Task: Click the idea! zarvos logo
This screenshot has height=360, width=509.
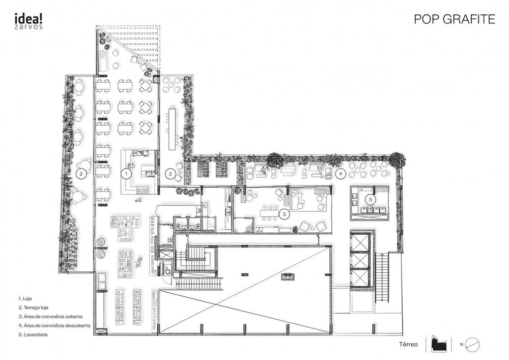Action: point(29,20)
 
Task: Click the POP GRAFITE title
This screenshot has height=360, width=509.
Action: point(454,19)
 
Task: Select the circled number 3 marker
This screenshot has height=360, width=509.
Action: point(285,214)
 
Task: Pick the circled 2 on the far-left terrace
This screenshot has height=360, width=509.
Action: point(80,174)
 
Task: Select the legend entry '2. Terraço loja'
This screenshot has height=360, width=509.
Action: point(35,307)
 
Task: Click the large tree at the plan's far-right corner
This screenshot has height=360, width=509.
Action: point(398,159)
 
